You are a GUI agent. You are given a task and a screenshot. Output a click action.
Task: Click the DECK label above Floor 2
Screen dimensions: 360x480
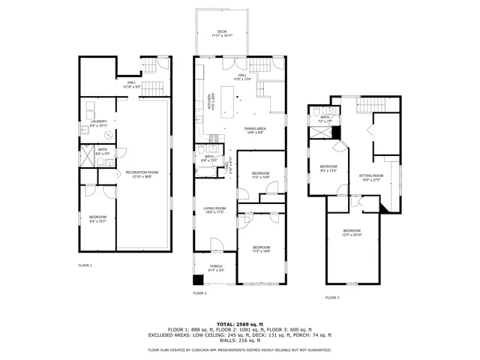pos(222,31)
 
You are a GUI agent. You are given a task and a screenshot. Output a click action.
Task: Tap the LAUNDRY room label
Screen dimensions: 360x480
pos(99,121)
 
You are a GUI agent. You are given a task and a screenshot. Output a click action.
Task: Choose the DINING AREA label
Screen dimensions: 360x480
pos(255,129)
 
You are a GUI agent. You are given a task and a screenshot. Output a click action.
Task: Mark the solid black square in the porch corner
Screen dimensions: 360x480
pos(198,280)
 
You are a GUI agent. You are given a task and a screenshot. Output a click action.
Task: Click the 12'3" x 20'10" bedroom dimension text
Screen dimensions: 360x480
pos(352,235)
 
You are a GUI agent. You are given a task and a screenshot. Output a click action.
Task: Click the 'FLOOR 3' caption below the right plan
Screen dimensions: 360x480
pos(332,298)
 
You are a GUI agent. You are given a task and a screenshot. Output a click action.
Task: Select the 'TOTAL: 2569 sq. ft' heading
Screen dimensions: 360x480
pos(239,323)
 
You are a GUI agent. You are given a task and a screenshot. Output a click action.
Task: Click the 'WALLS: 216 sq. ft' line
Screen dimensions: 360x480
pos(239,341)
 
